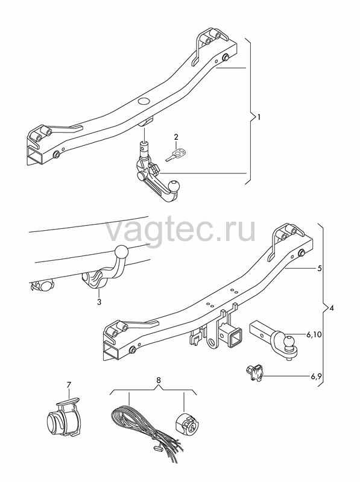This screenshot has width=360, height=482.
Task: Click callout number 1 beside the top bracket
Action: [259, 117]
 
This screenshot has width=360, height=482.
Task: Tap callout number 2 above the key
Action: [176, 137]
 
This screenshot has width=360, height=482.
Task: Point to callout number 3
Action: [99, 302]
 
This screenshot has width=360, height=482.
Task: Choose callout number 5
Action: [320, 268]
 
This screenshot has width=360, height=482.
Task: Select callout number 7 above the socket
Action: [69, 384]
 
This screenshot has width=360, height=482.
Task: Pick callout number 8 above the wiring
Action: [159, 380]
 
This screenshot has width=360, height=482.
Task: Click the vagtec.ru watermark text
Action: [180, 230]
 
